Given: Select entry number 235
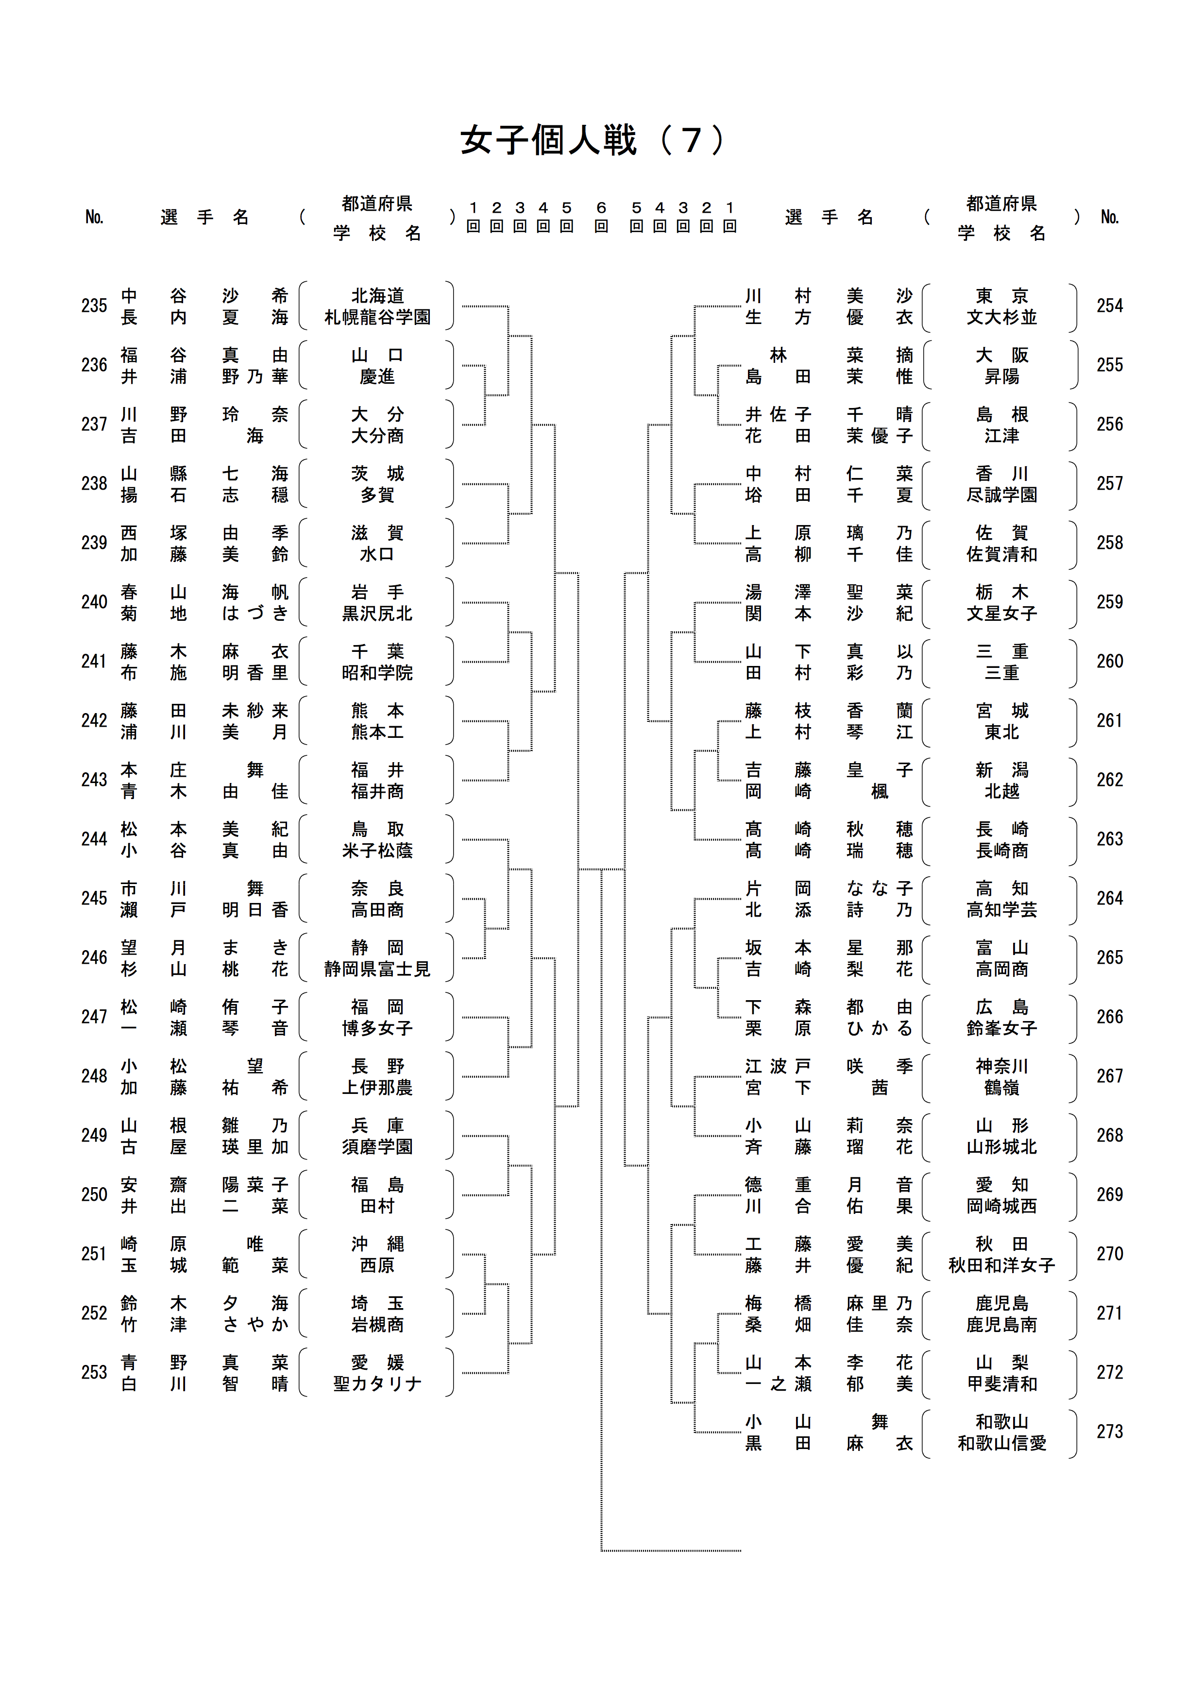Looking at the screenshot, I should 94,306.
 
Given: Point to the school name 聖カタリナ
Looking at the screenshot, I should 377,1384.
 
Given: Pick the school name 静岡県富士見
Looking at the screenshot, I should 377,969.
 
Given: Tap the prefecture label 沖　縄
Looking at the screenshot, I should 377,1244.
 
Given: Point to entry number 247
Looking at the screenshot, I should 94,1017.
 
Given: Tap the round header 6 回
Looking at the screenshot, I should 601,217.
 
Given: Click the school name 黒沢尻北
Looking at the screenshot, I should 377,614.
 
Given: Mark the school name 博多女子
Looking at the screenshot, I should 377,1029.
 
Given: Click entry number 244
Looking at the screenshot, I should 94,839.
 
